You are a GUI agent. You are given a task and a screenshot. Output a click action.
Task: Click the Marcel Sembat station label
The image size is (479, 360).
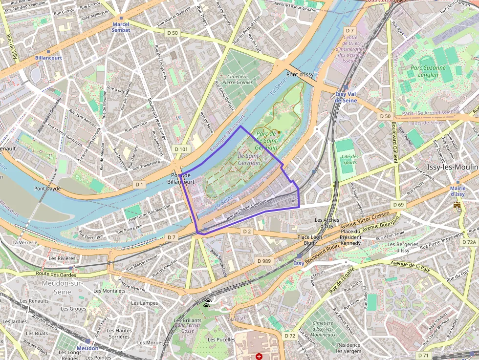coord(121,27)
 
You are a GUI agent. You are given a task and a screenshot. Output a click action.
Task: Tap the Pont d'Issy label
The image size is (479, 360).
coord(300,75)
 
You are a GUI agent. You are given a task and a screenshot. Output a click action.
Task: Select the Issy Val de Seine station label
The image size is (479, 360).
coord(346,97)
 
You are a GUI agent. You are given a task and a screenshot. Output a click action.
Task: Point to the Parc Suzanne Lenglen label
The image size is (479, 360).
coord(428,71)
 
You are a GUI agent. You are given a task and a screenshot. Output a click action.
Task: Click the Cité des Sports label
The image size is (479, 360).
coord(350,159)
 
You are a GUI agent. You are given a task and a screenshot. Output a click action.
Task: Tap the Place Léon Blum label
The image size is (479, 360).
coord(309,240)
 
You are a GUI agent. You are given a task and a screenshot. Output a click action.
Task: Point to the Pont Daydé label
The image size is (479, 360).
coord(47,188)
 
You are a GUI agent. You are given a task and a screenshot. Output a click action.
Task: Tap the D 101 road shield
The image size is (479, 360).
coord(181,148)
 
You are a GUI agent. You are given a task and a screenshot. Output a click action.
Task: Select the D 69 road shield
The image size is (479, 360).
coord(398,204)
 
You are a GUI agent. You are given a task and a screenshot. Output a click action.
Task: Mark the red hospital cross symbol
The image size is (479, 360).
coord(259,356)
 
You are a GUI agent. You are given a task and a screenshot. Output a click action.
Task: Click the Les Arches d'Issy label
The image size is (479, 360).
coord(327,223)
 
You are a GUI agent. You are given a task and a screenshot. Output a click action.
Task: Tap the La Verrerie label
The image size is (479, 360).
coord(24,242)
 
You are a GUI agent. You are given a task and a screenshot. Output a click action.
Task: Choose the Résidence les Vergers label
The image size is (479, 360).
coord(348,348)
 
